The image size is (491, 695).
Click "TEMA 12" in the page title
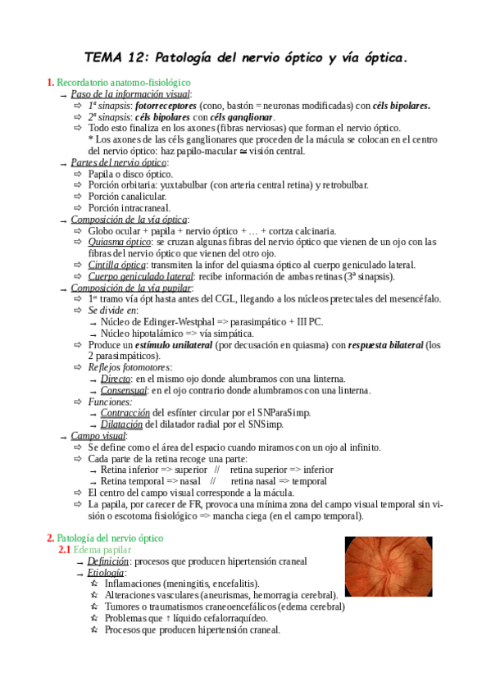(x=115, y=58)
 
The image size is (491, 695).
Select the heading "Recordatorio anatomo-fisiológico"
(x=123, y=83)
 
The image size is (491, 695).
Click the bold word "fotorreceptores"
(x=166, y=106)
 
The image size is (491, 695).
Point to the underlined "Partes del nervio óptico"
(x=119, y=163)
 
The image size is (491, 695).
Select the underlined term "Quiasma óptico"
(x=120, y=243)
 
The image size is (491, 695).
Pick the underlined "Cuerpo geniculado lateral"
(x=141, y=276)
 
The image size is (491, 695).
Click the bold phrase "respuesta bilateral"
(x=385, y=345)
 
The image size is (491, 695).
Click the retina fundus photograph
(x=389, y=566)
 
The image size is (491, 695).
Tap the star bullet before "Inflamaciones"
(x=94, y=584)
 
